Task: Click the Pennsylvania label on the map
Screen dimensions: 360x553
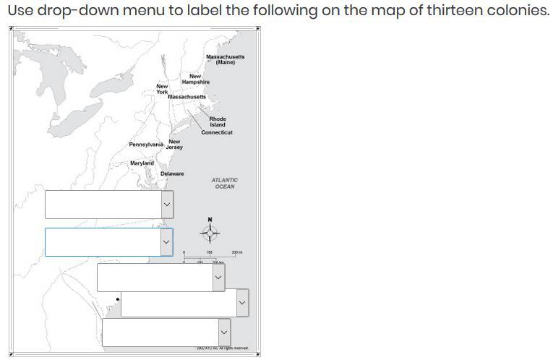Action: pos(146,145)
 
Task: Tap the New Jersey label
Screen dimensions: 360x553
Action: pos(174,145)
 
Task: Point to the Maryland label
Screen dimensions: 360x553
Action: pos(142,163)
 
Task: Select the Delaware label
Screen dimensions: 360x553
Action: pos(172,174)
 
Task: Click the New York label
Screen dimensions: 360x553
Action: pos(162,89)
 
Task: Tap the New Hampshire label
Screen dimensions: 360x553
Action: pos(195,80)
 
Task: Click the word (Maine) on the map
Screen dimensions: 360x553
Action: pos(226,63)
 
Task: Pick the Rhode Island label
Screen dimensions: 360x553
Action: pos(218,121)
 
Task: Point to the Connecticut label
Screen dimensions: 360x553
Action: pos(217,133)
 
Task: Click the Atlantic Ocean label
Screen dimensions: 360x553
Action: pos(225,184)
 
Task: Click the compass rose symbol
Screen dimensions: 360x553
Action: pos(210,233)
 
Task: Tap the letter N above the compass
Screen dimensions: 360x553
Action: pos(210,220)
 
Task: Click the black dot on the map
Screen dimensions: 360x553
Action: pos(118,299)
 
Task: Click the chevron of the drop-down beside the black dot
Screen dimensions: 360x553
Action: pos(241,303)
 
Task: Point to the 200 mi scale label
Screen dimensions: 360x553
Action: pos(237,252)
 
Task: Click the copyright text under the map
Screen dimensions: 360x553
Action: pos(222,348)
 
